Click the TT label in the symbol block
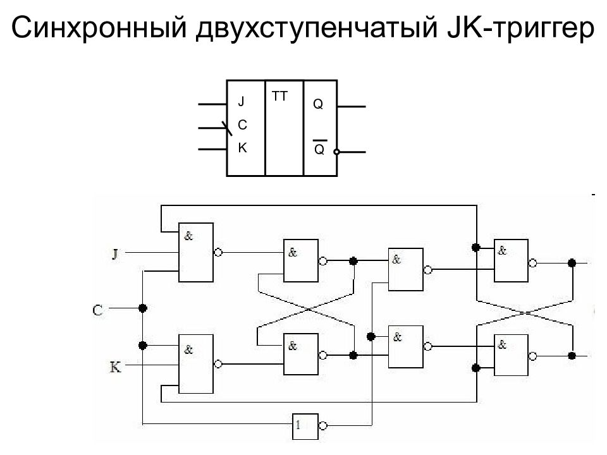tap(279, 96)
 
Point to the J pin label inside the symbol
tap(241, 102)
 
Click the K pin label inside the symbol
tap(242, 148)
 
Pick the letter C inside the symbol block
tap(242, 124)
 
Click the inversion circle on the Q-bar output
tap(337, 152)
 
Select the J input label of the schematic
tap(115, 254)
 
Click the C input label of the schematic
tap(97, 310)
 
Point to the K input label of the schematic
tap(115, 367)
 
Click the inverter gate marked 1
tap(305, 427)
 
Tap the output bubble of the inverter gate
tap(322, 426)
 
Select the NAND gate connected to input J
tap(196, 252)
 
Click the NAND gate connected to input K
tap(196, 364)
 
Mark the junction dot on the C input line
tap(143, 308)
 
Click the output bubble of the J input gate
tap(218, 252)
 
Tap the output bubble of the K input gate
tap(218, 364)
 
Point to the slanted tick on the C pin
tap(227, 129)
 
